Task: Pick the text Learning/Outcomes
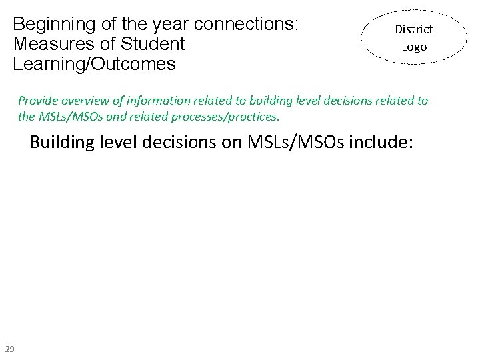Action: (x=94, y=65)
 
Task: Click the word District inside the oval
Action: (x=413, y=29)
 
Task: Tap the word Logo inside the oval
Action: (x=413, y=47)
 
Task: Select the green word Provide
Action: (x=39, y=101)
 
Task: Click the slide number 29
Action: (x=10, y=349)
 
